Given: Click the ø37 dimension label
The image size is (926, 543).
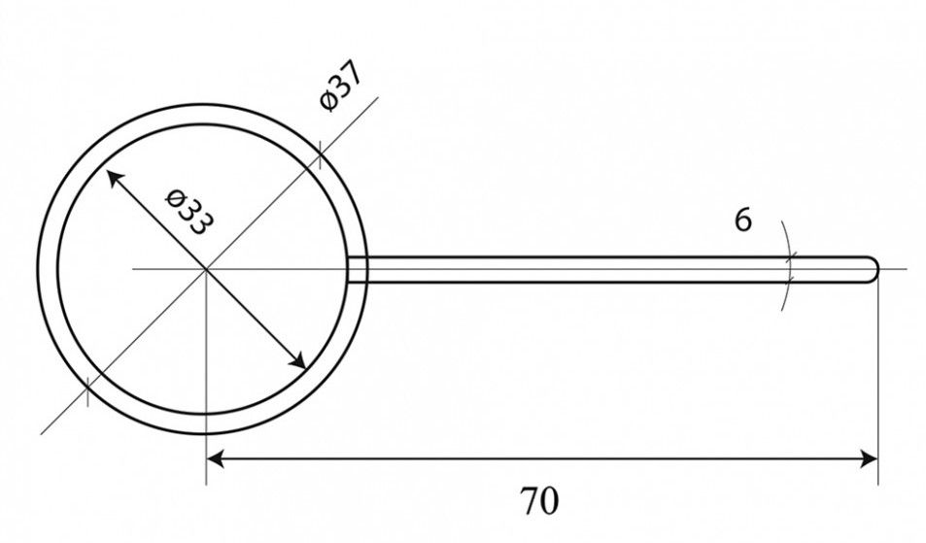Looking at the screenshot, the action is pos(341,85).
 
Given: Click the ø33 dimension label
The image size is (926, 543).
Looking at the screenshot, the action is pos(189,212).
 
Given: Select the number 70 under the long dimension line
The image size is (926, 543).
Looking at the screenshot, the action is pos(538,501).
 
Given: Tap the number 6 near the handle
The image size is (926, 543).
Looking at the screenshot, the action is pos(743,221).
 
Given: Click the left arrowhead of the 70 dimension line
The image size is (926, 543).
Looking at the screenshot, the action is pos(216,458).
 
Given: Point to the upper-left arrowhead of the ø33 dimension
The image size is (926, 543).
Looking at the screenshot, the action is pos(114,178).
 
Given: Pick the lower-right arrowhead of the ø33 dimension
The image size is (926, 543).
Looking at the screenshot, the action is pos(297,360).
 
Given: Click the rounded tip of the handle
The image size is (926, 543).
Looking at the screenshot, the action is pos(873,270).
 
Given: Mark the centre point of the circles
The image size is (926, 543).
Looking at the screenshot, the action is pos(206,269).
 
